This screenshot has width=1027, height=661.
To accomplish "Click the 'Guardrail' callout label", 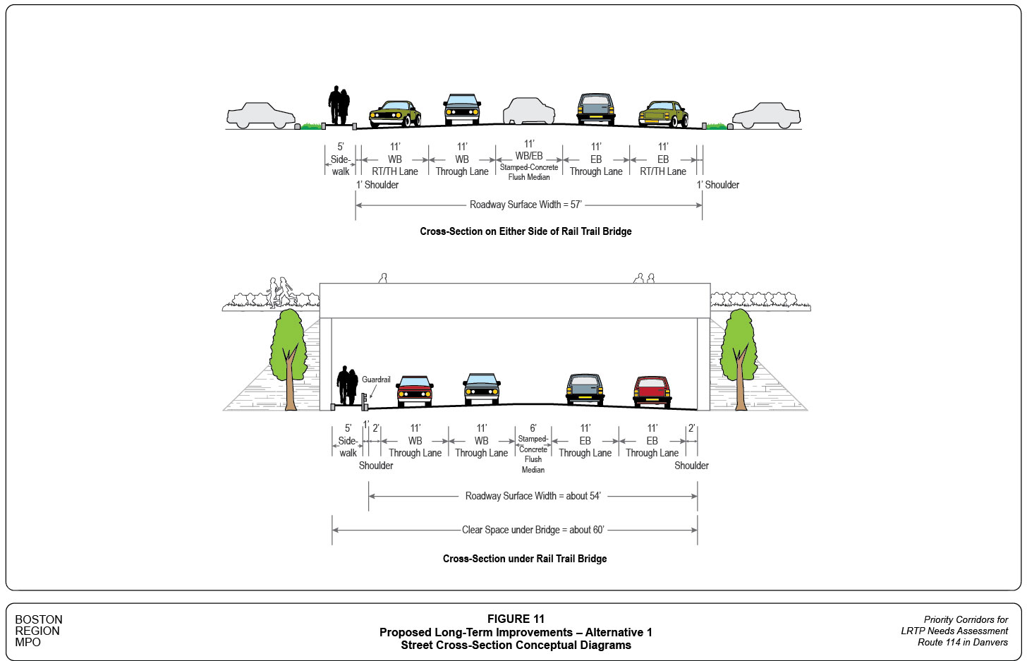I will tap(376, 380).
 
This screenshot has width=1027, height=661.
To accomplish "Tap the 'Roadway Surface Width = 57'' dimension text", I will tap(525, 205).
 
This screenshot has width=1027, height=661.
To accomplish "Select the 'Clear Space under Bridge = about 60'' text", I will tap(533, 530).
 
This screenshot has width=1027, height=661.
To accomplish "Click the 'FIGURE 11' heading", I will tap(516, 619).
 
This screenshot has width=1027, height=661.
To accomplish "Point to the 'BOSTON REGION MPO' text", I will tap(39, 631).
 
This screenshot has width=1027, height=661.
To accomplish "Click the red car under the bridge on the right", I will tap(652, 391).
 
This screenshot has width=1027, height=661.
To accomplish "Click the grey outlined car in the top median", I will tap(529, 111).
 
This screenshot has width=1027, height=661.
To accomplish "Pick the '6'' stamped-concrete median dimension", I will tap(533, 428).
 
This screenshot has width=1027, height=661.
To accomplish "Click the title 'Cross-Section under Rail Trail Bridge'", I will tap(525, 559).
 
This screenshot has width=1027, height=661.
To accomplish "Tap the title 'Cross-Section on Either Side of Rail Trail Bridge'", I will tap(525, 231).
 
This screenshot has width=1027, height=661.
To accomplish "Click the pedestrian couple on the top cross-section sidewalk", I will tap(339, 106).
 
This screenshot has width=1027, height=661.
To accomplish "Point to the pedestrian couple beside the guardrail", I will tap(347, 385).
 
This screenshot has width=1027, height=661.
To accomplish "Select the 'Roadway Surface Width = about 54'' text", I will tap(533, 496).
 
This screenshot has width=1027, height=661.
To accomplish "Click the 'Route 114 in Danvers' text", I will tap(962, 642).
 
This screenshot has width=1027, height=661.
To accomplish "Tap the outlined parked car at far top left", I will tap(261, 116).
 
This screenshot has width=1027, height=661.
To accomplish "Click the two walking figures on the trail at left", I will tap(279, 291).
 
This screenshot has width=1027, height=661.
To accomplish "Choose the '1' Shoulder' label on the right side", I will tap(718, 185).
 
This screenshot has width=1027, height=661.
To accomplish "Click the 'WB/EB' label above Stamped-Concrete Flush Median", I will tap(529, 156).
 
